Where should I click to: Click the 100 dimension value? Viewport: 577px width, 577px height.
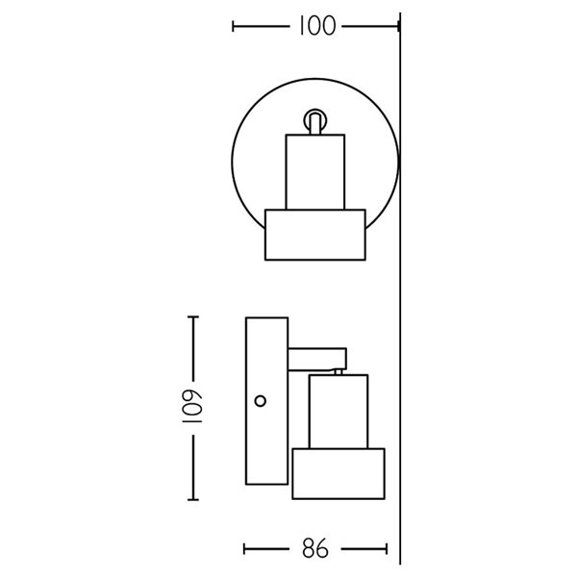[315, 27]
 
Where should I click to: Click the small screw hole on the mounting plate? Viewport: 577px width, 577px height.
[261, 398]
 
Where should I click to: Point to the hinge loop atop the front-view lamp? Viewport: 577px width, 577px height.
[314, 120]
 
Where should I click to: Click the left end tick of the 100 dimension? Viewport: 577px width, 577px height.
[234, 27]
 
